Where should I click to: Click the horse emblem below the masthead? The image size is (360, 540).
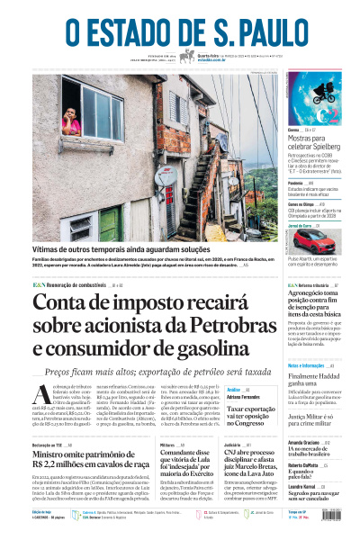point(187,56)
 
